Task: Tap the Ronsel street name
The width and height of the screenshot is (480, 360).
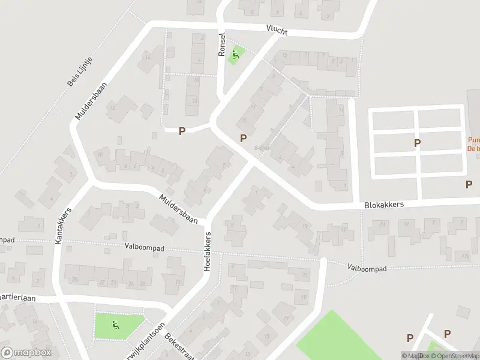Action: tap(221, 44)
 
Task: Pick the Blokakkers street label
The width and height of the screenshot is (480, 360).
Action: tap(384, 205)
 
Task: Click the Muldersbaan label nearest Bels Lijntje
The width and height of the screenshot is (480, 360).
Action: tap(91, 101)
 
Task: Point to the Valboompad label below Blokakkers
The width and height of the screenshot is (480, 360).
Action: tap(367, 268)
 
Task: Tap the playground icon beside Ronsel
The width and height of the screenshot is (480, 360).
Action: tap(236, 55)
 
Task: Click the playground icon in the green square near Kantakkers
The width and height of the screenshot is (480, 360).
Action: tap(115, 326)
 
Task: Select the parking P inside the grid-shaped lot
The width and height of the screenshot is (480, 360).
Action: tap(417, 143)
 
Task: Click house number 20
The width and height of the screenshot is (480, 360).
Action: tap(75, 280)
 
